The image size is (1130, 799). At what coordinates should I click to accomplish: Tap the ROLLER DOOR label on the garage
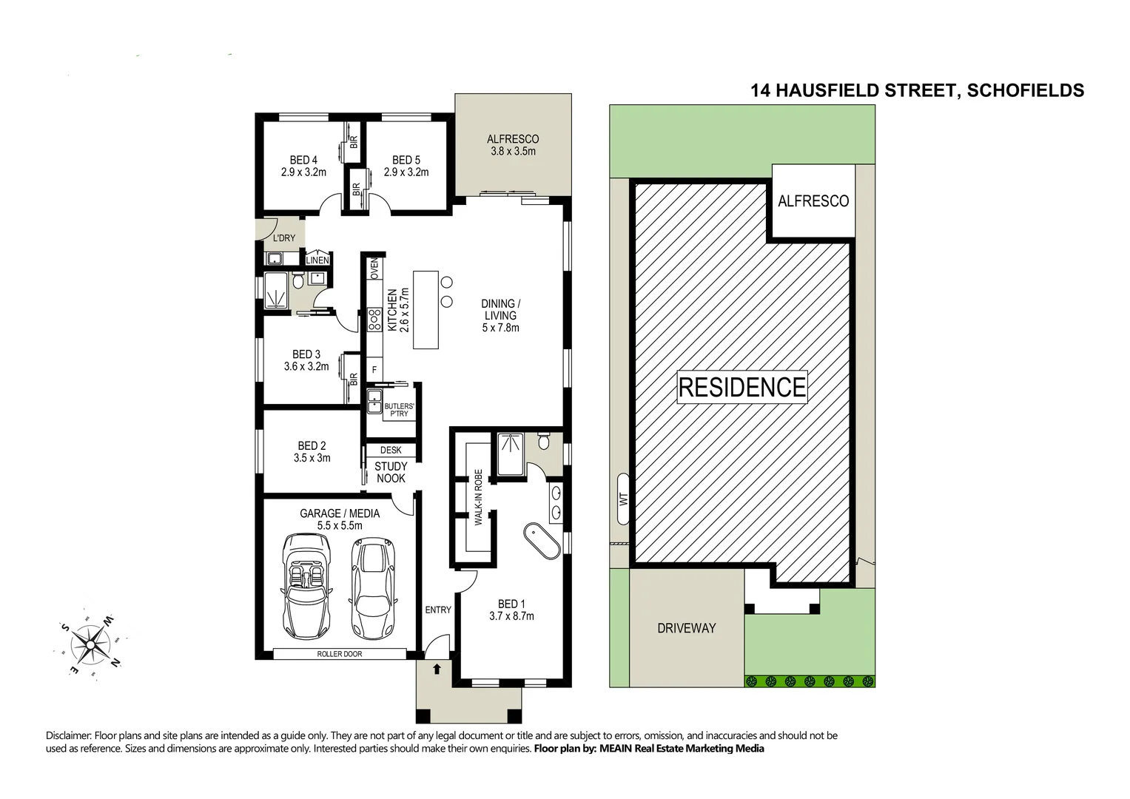click(x=339, y=654)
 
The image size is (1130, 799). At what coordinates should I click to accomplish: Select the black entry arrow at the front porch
click(x=437, y=669)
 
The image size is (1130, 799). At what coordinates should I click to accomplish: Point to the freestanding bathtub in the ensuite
click(x=542, y=542)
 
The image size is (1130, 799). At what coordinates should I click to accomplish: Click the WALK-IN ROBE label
click(x=479, y=497)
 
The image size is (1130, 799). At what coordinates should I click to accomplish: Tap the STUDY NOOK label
click(x=390, y=472)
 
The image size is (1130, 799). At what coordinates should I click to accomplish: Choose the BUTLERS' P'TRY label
click(x=398, y=410)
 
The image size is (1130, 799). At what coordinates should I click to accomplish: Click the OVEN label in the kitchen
click(x=374, y=269)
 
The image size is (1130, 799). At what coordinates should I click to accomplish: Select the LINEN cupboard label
click(x=317, y=260)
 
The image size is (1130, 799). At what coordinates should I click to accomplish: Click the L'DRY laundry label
click(x=284, y=238)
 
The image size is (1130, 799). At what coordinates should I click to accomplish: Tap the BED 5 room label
click(x=406, y=166)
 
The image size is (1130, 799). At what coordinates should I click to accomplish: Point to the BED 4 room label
click(x=303, y=166)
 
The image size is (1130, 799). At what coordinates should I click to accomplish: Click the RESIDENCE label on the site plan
click(x=741, y=387)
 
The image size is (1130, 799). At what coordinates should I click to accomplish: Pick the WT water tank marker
click(x=622, y=499)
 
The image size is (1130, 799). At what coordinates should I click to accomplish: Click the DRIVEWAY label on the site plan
click(x=686, y=628)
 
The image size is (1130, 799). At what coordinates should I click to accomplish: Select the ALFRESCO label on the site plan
click(x=813, y=201)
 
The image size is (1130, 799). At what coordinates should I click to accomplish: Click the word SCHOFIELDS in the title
click(x=1025, y=90)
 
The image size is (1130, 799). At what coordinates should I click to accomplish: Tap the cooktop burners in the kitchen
click(x=373, y=318)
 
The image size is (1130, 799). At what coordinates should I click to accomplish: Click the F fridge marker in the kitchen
click(x=374, y=369)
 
